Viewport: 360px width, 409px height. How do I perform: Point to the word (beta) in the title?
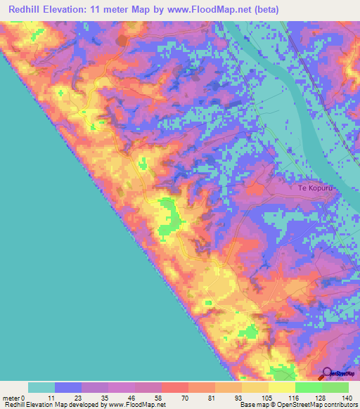pyautogui.click(x=265, y=10)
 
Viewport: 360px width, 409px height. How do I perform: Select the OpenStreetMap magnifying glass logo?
pyautogui.click(x=328, y=374)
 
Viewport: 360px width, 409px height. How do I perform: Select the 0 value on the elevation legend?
pyautogui.click(x=27, y=397)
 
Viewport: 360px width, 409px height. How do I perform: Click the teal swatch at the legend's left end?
pyautogui.click(x=41, y=387)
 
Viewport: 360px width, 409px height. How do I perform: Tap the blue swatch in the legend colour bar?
pyautogui.click(x=68, y=387)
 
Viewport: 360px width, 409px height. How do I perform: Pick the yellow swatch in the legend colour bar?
pyautogui.click(x=282, y=387)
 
